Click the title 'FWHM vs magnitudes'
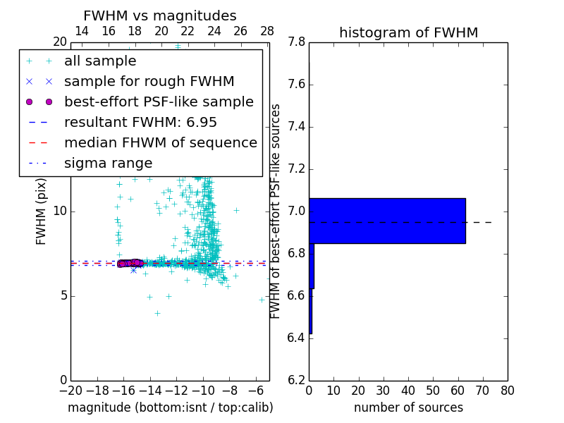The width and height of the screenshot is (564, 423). tap(159, 16)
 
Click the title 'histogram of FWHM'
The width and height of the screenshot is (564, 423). tap(408, 32)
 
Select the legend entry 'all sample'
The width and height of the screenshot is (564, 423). tap(100, 61)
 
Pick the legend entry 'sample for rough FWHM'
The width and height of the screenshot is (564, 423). tap(149, 82)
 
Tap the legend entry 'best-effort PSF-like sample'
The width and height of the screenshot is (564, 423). tap(159, 102)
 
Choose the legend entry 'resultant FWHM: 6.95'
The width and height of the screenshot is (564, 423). tap(140, 122)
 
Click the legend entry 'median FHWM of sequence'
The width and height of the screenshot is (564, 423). tap(160, 142)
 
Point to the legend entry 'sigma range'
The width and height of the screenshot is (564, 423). tap(108, 163)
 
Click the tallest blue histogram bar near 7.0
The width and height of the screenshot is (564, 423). tap(387, 221)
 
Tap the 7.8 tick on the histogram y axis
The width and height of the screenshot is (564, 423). tap(296, 42)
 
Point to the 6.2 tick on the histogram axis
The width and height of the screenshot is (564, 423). tap(296, 380)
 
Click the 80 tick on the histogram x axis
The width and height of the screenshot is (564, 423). tap(508, 390)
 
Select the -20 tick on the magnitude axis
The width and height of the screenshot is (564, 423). tap(70, 390)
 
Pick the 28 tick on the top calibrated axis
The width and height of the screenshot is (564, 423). tap(267, 31)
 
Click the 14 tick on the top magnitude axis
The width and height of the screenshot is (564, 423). tap(82, 31)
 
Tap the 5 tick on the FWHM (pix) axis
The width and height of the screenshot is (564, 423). tap(63, 295)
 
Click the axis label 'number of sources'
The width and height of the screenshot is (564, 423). tap(408, 407)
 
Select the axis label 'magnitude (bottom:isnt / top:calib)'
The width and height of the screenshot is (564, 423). tap(170, 407)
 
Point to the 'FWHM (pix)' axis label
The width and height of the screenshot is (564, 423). tap(42, 211)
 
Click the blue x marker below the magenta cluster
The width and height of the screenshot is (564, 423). tap(133, 270)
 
